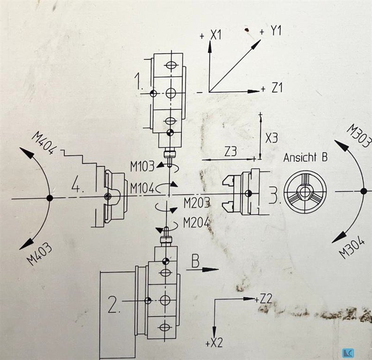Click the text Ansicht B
[305, 157]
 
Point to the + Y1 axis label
[269, 32]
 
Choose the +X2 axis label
[214, 344]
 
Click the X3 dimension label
[271, 139]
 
